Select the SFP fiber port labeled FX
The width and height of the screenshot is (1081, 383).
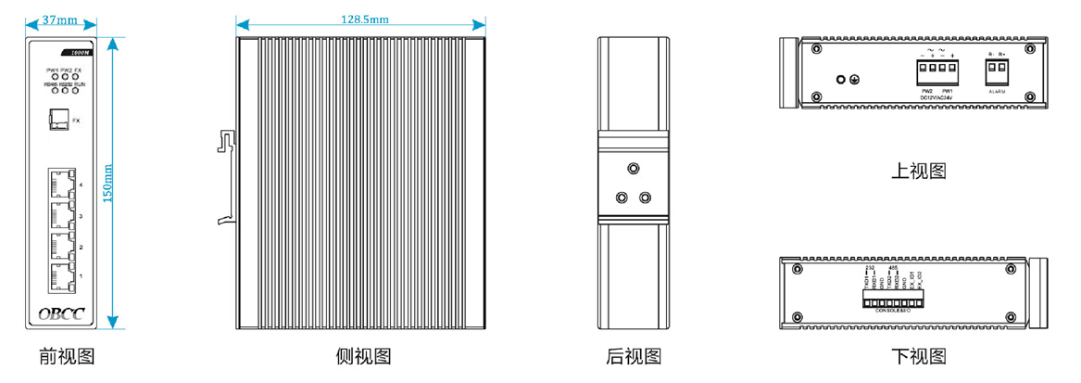pos(57,120)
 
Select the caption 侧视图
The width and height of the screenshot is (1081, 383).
pos(363,356)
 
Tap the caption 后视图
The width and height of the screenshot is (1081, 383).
pos(633,356)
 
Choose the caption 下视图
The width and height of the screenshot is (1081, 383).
pos(918,356)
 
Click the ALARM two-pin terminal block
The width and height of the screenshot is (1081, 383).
pos(997,71)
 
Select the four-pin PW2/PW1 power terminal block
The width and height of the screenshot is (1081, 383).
pos(937,71)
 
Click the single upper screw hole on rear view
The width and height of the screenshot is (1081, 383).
pos(633,169)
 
